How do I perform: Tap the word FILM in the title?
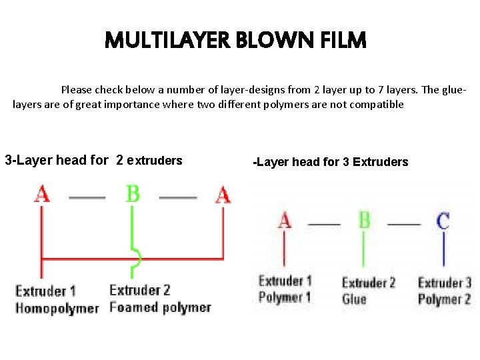(343, 41)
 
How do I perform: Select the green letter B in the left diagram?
(133, 194)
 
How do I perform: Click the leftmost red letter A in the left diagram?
(42, 194)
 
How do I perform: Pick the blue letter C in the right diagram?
(443, 220)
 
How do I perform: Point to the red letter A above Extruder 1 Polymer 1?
(285, 220)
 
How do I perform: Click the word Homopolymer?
(57, 308)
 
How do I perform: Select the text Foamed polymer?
(160, 307)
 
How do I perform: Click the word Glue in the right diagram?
(354, 299)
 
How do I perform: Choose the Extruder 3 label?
(444, 283)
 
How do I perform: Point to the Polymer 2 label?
(444, 299)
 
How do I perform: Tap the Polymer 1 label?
(285, 297)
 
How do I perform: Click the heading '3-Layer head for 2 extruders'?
(93, 160)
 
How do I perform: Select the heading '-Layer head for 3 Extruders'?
(331, 161)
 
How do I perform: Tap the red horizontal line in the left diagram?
(87, 258)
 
